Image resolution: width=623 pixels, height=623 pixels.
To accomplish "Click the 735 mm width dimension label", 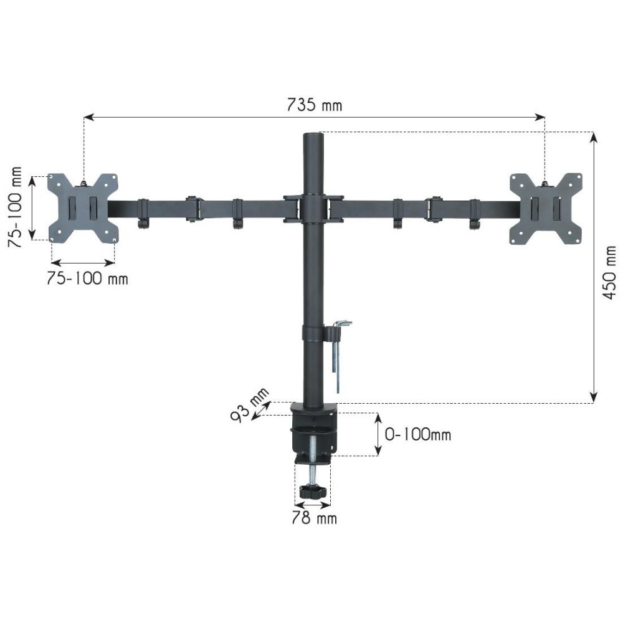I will click(x=314, y=105).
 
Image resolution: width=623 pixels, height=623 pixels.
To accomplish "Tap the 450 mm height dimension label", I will click(x=610, y=272).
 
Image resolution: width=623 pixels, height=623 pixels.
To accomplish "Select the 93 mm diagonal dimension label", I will click(x=250, y=405).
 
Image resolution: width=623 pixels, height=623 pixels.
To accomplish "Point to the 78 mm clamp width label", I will click(x=314, y=518).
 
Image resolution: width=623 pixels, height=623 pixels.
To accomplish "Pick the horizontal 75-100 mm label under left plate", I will click(x=87, y=278).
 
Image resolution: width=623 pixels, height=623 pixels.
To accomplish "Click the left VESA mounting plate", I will click(x=83, y=207).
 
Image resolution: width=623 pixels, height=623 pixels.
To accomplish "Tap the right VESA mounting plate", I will click(x=546, y=208).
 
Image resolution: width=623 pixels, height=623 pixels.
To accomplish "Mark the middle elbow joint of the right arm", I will click(x=432, y=208).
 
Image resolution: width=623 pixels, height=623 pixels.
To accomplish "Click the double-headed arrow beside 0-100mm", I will click(x=378, y=434).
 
